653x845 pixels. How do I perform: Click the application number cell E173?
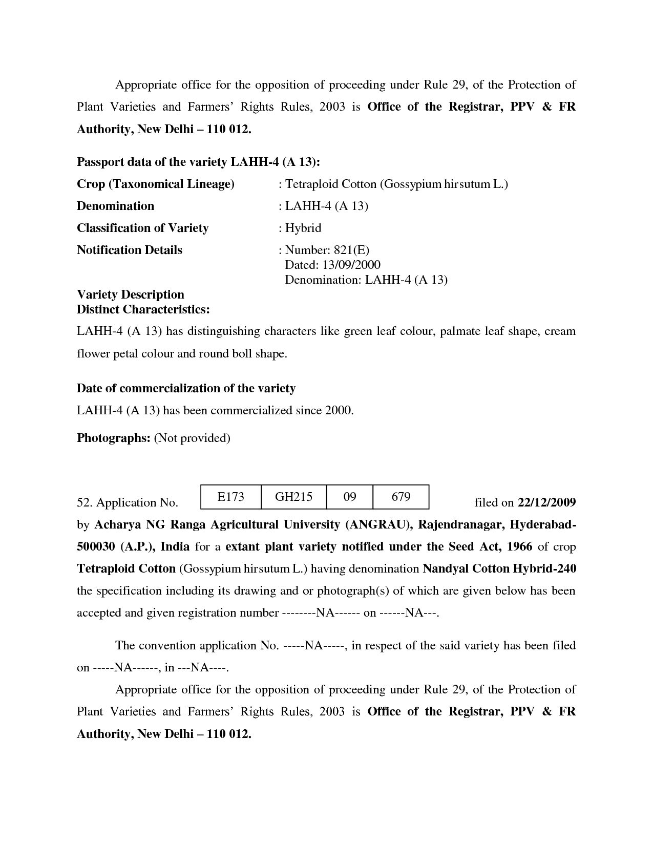click(x=230, y=496)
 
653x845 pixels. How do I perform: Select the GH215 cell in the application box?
click(x=293, y=496)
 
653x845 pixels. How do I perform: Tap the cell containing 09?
click(x=349, y=496)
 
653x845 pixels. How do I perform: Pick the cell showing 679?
click(x=401, y=496)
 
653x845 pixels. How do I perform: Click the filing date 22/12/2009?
click(x=546, y=502)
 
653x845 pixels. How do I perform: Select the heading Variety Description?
click(x=130, y=294)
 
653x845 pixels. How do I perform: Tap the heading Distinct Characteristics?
click(x=143, y=309)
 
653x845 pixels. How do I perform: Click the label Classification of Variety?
click(x=142, y=228)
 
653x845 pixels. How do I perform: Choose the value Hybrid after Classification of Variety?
click(x=303, y=228)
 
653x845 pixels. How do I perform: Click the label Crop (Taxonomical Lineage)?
click(x=155, y=184)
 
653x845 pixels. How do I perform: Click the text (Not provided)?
click(x=192, y=438)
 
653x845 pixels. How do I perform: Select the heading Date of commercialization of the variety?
click(x=186, y=388)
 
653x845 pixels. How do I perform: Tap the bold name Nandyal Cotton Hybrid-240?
click(x=499, y=568)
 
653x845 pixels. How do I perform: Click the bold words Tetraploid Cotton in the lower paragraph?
click(x=126, y=568)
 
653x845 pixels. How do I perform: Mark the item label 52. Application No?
click(x=127, y=503)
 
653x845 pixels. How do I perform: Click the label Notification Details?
click(x=129, y=250)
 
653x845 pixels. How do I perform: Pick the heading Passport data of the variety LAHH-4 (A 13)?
click(x=198, y=162)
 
